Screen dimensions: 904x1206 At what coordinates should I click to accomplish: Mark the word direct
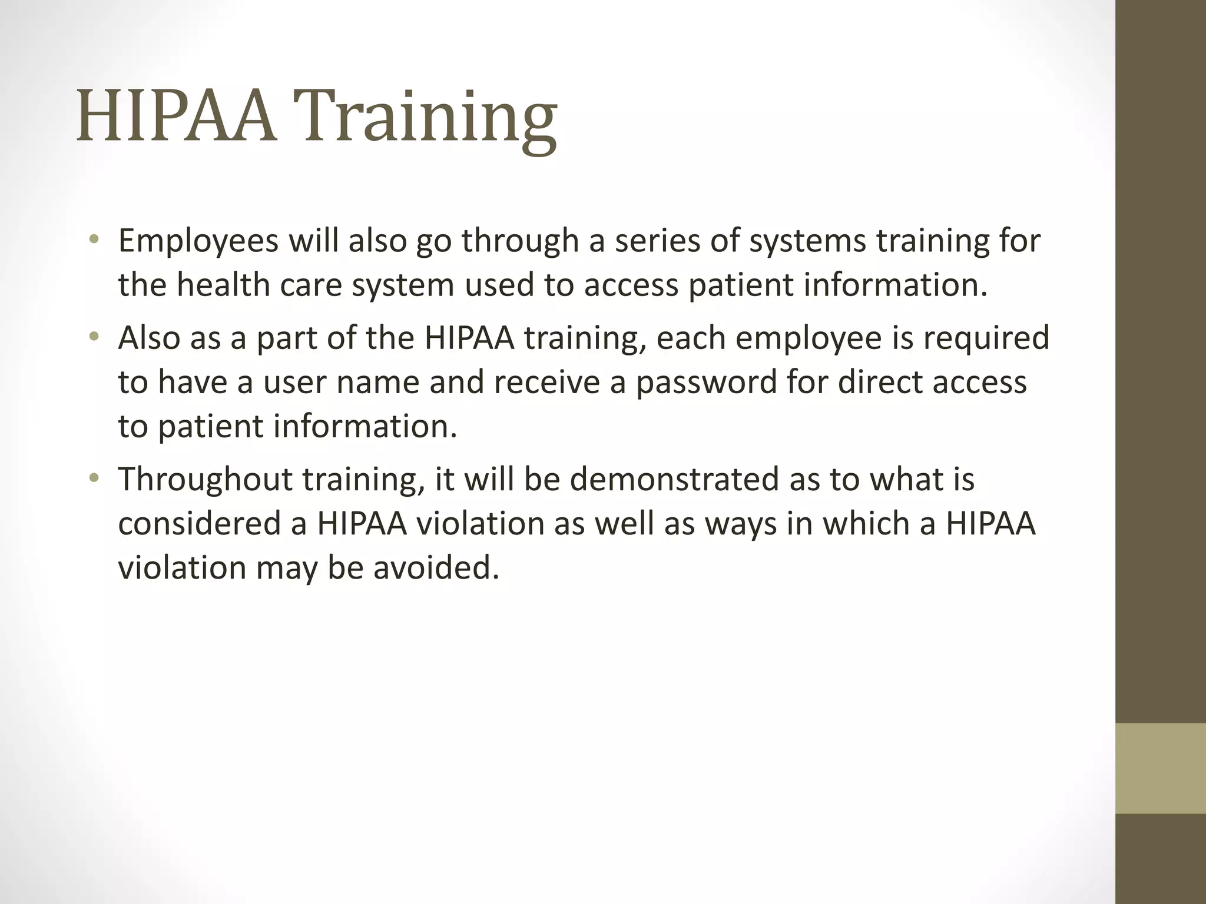click(x=880, y=382)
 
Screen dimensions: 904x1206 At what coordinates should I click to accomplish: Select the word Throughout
click(x=205, y=479)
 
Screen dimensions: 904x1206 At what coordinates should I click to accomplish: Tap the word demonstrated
click(x=674, y=479)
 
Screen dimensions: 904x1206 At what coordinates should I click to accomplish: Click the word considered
click(x=200, y=523)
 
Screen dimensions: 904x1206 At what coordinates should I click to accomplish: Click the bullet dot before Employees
click(x=94, y=240)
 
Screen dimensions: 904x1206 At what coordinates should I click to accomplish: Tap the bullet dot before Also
click(x=94, y=337)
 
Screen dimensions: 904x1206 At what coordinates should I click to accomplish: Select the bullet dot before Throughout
click(x=94, y=478)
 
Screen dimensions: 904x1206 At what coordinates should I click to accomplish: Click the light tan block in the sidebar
click(x=1161, y=768)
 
